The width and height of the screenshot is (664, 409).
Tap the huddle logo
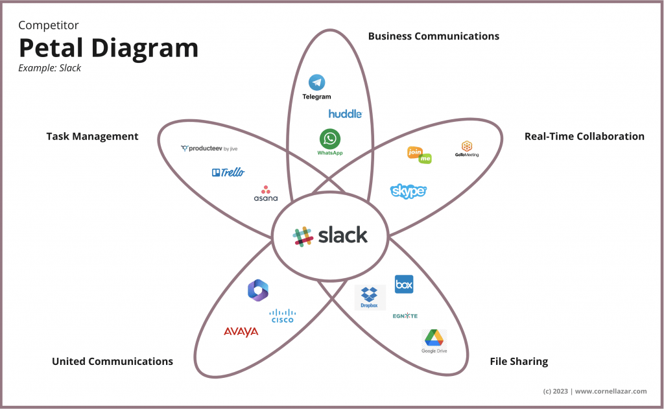[345, 114]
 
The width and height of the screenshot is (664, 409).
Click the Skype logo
[409, 191]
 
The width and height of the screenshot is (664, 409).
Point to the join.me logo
[419, 154]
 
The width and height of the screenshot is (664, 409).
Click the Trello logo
[228, 172]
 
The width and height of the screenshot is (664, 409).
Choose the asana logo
[265, 193]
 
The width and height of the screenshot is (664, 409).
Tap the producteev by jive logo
[213, 148]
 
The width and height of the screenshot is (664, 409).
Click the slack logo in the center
[331, 235]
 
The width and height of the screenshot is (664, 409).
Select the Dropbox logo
[370, 297]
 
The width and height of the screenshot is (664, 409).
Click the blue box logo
[404, 284]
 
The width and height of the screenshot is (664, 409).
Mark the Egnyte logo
[405, 316]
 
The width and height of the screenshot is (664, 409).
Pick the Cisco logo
[282, 316]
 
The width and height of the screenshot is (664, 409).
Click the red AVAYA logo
[241, 332]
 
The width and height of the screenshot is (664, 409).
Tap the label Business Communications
[433, 36]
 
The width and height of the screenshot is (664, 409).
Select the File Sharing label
[519, 361]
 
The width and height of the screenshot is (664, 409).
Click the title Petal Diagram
[108, 49]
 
